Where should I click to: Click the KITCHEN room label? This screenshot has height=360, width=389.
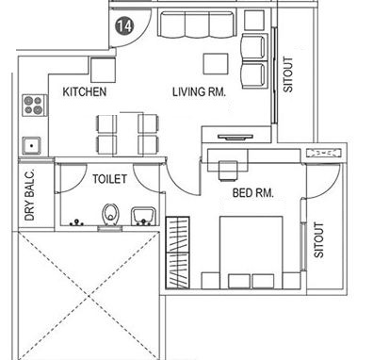pos(85,92)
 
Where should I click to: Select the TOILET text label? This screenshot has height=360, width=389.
pos(111,177)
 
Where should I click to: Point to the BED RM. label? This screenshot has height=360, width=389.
pos(252,194)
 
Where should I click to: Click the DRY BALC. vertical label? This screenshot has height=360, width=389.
pos(30,199)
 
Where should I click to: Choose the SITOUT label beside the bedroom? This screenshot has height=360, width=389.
pos(318,241)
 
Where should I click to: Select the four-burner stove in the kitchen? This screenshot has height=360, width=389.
pos(34,104)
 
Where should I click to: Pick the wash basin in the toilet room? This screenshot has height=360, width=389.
pos(143,216)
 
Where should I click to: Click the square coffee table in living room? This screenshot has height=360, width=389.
pos(216,62)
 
